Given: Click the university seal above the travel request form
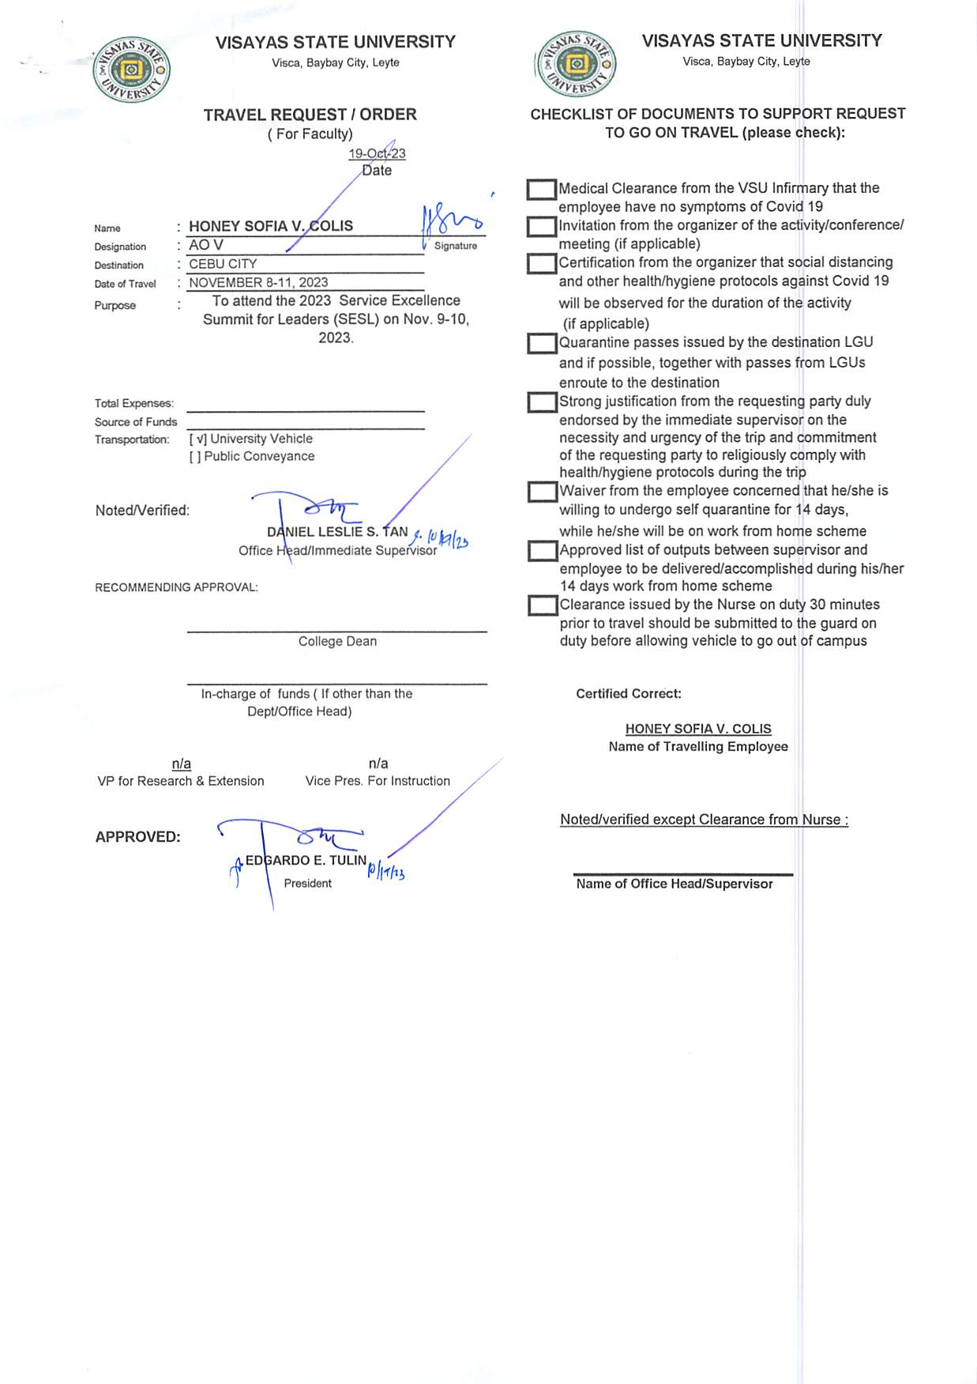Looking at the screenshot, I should (131, 70).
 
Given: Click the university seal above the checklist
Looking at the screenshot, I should (576, 64).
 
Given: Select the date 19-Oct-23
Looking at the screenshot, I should (377, 153).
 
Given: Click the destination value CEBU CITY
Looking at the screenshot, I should (223, 264).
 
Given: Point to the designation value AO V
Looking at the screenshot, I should (206, 245).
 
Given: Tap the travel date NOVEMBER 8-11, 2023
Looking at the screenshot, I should (258, 282).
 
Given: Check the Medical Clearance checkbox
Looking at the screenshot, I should (542, 190).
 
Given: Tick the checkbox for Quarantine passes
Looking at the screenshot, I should (542, 344).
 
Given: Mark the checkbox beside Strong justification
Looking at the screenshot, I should (542, 402).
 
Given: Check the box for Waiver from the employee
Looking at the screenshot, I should (542, 492).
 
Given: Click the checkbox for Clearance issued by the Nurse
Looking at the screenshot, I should (542, 606).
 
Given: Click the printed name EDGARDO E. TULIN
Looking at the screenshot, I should (306, 860).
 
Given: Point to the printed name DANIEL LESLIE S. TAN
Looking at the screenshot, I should (337, 532).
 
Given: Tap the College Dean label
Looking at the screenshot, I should (337, 641).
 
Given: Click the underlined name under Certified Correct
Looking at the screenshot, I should (698, 729).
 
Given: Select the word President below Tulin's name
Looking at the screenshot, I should (307, 883).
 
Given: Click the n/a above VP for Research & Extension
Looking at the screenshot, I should (182, 764).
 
